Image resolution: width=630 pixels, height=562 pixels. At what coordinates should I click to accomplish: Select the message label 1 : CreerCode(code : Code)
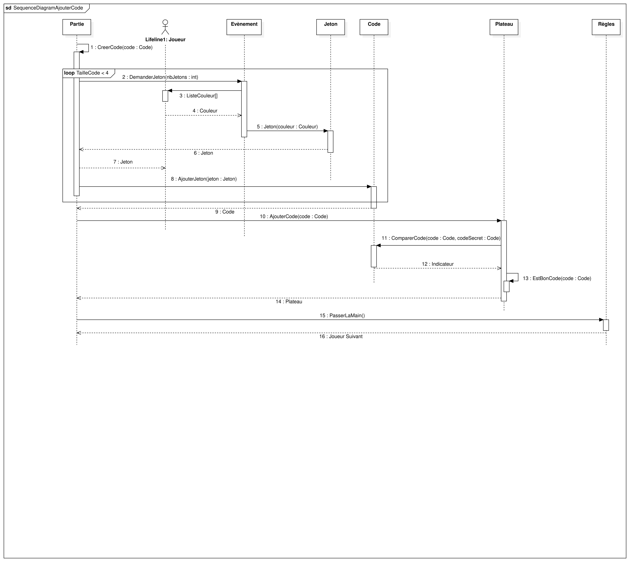coord(122,47)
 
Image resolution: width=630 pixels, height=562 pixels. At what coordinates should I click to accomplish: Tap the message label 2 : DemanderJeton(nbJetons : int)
coord(160,77)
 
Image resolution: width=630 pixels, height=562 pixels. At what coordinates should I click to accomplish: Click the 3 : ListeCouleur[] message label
coord(198,96)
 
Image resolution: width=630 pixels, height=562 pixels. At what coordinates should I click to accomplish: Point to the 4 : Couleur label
coord(205,111)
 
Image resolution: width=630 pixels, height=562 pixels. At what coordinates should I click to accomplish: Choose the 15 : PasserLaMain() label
coord(342,316)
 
